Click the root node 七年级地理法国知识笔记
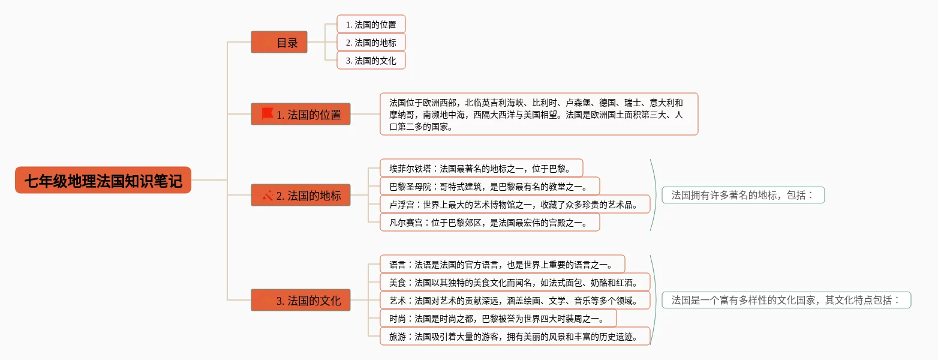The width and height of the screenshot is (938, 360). tap(103, 180)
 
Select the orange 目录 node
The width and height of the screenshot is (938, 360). tap(279, 43)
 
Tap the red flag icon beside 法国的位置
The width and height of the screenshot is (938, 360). tap(267, 114)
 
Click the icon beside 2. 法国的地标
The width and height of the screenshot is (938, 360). tap(267, 196)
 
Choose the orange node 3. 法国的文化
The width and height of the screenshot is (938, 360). tap(300, 300)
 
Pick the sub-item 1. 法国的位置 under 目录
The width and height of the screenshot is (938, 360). tap(371, 25)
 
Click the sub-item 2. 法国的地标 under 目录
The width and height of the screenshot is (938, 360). tap(371, 43)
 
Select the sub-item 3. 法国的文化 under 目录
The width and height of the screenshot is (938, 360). tap(371, 61)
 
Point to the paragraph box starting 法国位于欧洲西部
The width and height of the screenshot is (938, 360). tap(539, 114)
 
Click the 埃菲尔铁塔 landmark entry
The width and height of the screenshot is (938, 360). tap(481, 168)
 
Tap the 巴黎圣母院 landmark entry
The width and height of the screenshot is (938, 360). tap(489, 186)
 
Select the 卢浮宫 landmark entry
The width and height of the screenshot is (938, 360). tap(515, 204)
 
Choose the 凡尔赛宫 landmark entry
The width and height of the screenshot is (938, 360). tap(489, 222)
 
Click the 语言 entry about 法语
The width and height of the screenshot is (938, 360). tap(502, 264)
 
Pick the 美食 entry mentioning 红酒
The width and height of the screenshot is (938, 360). tap(515, 282)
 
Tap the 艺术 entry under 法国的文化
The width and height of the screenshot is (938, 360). tap(515, 300)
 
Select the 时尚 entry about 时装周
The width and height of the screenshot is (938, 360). tap(498, 318)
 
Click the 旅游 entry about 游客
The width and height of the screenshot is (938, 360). tap(515, 336)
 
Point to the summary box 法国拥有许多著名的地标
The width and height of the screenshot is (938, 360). tap(742, 195)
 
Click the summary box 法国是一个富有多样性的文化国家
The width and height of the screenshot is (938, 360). tap(786, 300)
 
